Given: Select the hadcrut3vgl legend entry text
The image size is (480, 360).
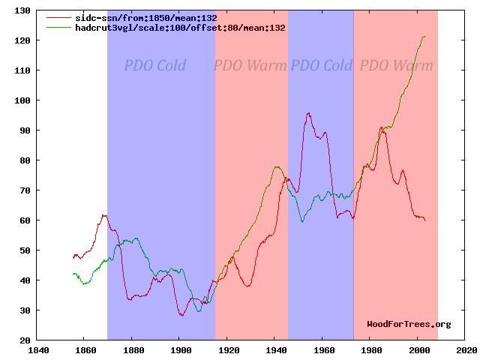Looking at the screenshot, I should (x=180, y=27).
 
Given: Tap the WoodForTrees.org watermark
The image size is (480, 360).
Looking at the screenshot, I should (x=409, y=324).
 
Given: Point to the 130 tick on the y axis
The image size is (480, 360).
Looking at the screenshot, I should (x=22, y=10).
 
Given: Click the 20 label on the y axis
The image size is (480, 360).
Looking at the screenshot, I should (x=22, y=340).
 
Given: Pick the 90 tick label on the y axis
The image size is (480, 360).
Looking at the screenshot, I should (x=22, y=130).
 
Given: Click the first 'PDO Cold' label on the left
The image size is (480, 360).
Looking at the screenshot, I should (x=155, y=66).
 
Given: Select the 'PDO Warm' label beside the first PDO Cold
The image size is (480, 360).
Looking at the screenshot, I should (x=250, y=66).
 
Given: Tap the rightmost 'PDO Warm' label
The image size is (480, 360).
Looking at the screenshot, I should (x=396, y=66).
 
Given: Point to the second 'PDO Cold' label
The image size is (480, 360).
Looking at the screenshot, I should (x=321, y=66).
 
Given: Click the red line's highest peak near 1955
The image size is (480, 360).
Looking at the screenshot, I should (x=308, y=113).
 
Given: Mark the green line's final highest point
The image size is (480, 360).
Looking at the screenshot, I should (x=424, y=36).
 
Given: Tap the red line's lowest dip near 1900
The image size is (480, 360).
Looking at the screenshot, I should (x=181, y=316).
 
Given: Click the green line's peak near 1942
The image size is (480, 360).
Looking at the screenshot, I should (x=277, y=166).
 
